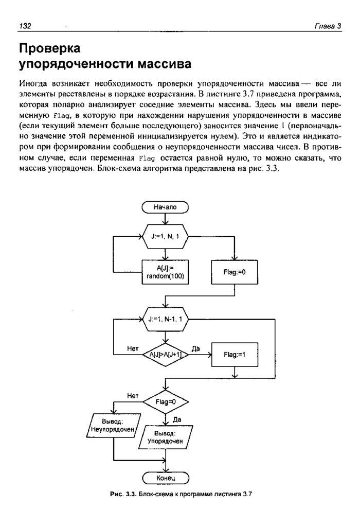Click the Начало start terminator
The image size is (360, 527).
(165, 207)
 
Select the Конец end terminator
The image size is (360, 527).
(165, 478)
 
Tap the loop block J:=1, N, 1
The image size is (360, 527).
(165, 236)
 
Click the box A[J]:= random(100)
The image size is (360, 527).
(165, 272)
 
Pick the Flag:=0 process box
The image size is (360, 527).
(235, 272)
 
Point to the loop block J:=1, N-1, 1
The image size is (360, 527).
(165, 319)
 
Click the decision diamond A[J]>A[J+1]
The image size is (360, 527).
(165, 355)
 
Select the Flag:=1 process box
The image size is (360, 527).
(235, 355)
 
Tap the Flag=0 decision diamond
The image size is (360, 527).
(165, 401)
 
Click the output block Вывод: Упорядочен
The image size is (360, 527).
(165, 437)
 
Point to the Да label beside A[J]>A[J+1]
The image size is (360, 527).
(195, 349)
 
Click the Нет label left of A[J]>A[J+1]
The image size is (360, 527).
(133, 349)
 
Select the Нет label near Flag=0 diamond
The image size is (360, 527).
(133, 395)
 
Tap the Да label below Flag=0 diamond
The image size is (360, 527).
(177, 419)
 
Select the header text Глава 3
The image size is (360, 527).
(328, 26)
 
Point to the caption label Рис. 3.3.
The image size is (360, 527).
(122, 495)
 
